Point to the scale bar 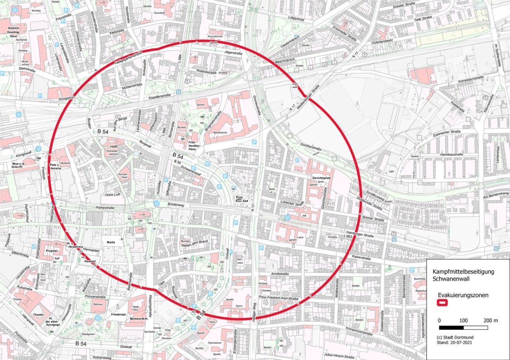(463, 328)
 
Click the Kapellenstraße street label (160, 97)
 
